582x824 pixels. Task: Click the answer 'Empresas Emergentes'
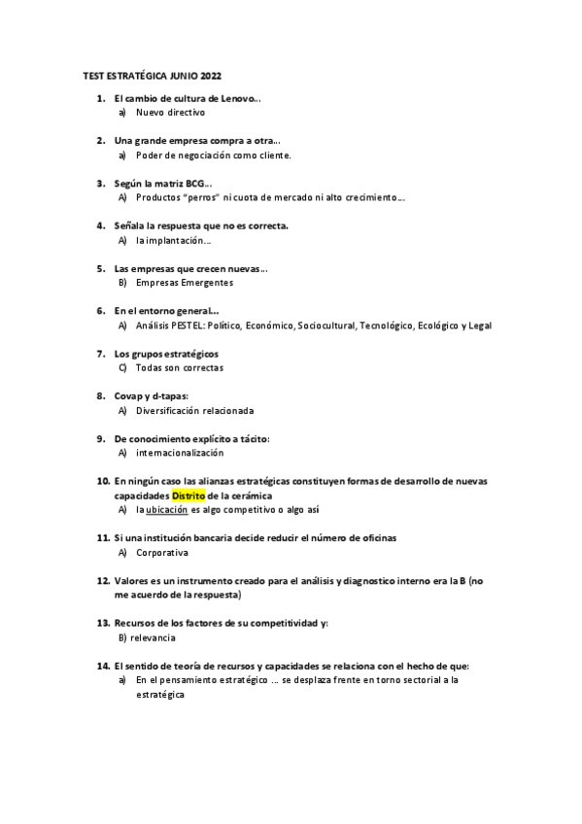[x=185, y=283]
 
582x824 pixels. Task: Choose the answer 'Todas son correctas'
[x=180, y=367]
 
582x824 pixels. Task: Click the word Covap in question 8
[x=128, y=395]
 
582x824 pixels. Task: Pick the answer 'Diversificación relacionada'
[x=194, y=410]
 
